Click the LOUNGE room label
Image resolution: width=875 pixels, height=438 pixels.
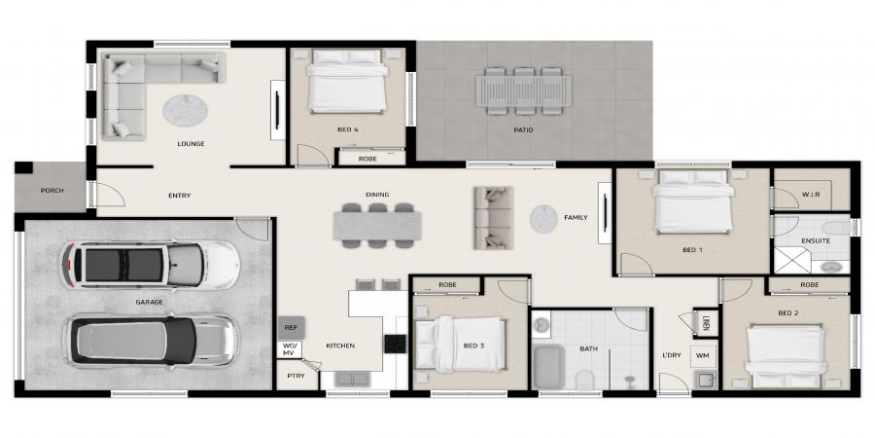[191, 144]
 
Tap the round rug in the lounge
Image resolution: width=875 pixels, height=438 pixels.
[186, 109]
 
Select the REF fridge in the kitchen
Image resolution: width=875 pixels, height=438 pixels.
[291, 328]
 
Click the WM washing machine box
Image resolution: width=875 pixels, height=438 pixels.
[702, 356]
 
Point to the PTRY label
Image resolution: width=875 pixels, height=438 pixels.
[296, 376]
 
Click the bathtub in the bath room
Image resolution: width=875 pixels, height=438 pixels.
[547, 367]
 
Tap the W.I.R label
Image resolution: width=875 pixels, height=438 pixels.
[810, 195]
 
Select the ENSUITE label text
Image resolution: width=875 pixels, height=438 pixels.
[816, 240]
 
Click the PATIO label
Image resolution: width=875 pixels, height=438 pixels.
[523, 130]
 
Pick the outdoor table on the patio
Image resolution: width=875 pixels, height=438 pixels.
[523, 91]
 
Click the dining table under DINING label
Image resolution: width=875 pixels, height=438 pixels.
[377, 226]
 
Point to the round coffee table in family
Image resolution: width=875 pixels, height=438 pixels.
[543, 218]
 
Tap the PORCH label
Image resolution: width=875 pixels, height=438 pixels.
[52, 191]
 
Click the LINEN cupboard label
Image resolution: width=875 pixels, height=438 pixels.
[706, 323]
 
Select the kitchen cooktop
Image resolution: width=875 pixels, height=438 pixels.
[396, 343]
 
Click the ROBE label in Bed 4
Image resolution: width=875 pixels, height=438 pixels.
[367, 160]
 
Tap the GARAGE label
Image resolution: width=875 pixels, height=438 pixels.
[149, 303]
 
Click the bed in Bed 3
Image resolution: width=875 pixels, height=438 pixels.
[461, 345]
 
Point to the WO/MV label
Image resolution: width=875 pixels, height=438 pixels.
[290, 349]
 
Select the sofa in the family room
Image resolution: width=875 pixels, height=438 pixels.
[493, 217]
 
